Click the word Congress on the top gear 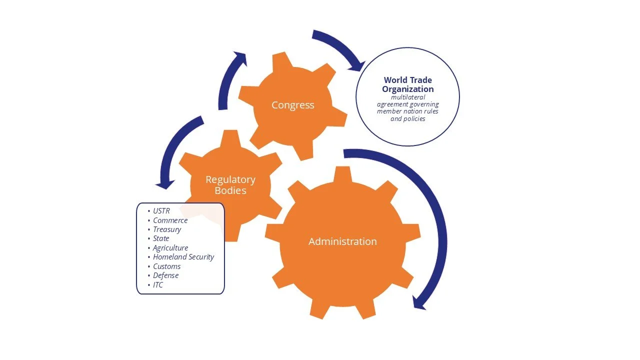tap(292, 105)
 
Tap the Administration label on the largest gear tap(342, 241)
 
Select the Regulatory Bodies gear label tap(230, 184)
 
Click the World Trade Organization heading tap(407, 84)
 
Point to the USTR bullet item tap(161, 211)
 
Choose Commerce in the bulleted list tap(170, 220)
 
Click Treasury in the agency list tap(167, 229)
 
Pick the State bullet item tap(161, 238)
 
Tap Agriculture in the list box tap(170, 248)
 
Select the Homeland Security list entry tap(183, 257)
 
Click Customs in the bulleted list tap(166, 266)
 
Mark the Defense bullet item tap(165, 275)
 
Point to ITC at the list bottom tap(158, 285)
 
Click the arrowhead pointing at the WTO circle tap(358, 65)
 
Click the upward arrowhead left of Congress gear tap(240, 57)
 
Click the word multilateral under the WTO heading tap(407, 97)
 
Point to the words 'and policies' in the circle tap(407, 119)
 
